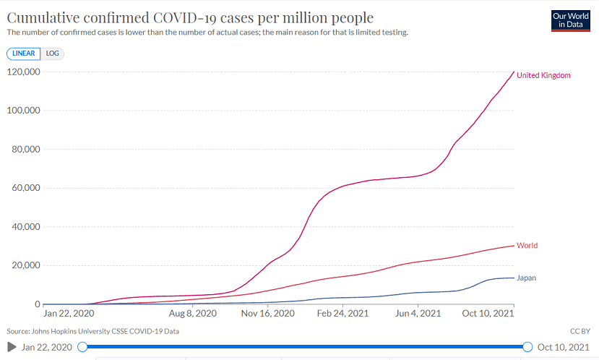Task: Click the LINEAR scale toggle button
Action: pyautogui.click(x=23, y=53)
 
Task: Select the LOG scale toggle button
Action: pyautogui.click(x=52, y=53)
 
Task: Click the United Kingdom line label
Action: pyautogui.click(x=543, y=76)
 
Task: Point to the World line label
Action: pyautogui.click(x=527, y=246)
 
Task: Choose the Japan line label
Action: pyautogui.click(x=526, y=278)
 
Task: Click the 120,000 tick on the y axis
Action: pyautogui.click(x=22, y=72)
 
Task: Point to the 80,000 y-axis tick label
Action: pyautogui.click(x=24, y=150)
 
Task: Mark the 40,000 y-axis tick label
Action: pyautogui.click(x=24, y=227)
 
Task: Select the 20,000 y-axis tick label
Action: pyautogui.click(x=24, y=265)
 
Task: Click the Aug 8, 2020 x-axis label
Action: pyautogui.click(x=192, y=314)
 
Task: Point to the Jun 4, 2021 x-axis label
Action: pyautogui.click(x=418, y=314)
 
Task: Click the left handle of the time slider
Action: pyautogui.click(x=82, y=347)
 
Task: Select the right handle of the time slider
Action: pyautogui.click(x=527, y=347)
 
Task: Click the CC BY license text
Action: pyautogui.click(x=580, y=331)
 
